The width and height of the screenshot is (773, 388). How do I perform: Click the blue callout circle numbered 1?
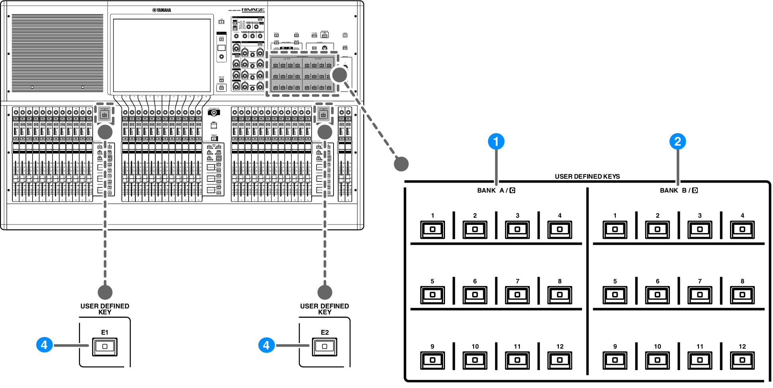(496, 141)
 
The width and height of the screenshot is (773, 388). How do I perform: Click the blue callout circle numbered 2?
(677, 141)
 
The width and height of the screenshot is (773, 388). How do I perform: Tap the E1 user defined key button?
(105, 346)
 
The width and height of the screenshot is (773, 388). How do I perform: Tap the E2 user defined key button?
(324, 346)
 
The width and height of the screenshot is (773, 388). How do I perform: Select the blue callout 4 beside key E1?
(44, 345)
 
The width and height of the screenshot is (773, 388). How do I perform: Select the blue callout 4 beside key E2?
(266, 345)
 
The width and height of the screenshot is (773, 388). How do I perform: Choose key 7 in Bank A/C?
(517, 295)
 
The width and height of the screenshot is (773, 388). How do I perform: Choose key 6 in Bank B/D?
(657, 295)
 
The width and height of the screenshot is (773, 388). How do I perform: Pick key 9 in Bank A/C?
(432, 360)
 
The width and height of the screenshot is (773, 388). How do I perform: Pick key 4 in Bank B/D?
(742, 230)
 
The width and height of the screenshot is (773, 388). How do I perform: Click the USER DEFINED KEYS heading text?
(587, 176)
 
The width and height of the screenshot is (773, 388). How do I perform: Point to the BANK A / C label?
(496, 190)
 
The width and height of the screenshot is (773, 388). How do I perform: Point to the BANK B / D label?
(679, 190)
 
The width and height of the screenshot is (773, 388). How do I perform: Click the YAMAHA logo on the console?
(162, 10)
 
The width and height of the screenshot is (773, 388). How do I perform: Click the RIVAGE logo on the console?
(253, 10)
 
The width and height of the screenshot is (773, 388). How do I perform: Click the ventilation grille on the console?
(57, 53)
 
